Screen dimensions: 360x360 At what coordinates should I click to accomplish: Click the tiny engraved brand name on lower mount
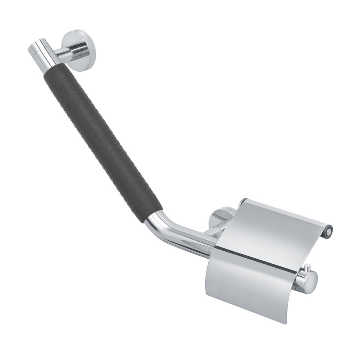[x=228, y=208]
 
